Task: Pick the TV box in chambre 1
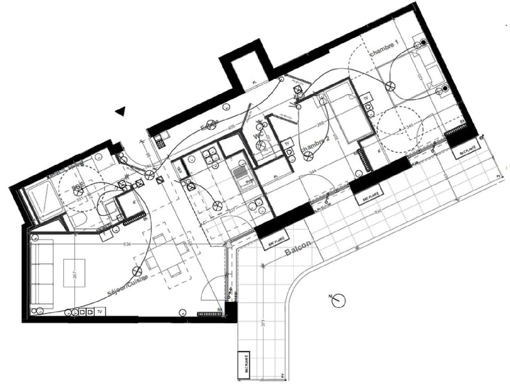tap(366, 98)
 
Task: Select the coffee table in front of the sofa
tap(74, 273)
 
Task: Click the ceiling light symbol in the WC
tap(260, 146)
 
